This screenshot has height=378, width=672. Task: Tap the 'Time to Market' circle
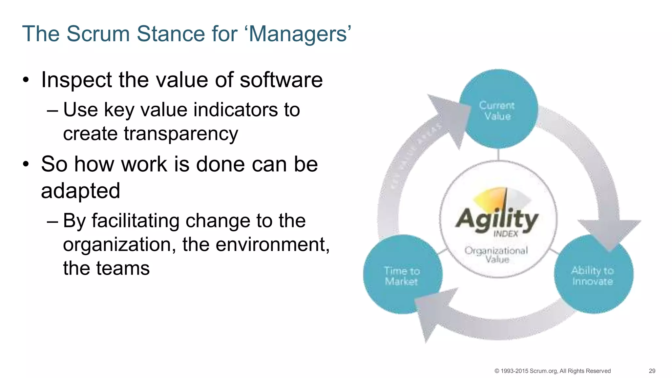click(x=402, y=275)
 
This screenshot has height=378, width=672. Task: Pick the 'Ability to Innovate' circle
click(x=593, y=275)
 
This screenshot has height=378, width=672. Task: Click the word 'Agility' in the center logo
click(x=497, y=219)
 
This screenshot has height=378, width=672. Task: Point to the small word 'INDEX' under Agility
click(x=506, y=234)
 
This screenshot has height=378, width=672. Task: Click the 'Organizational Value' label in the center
click(x=496, y=255)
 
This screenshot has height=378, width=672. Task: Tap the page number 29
click(x=652, y=371)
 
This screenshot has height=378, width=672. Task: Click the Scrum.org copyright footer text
click(x=552, y=371)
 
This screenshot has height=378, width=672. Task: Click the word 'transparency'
click(x=150, y=134)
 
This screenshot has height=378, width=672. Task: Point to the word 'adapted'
click(x=80, y=191)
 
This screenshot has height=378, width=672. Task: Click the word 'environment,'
click(x=256, y=244)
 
